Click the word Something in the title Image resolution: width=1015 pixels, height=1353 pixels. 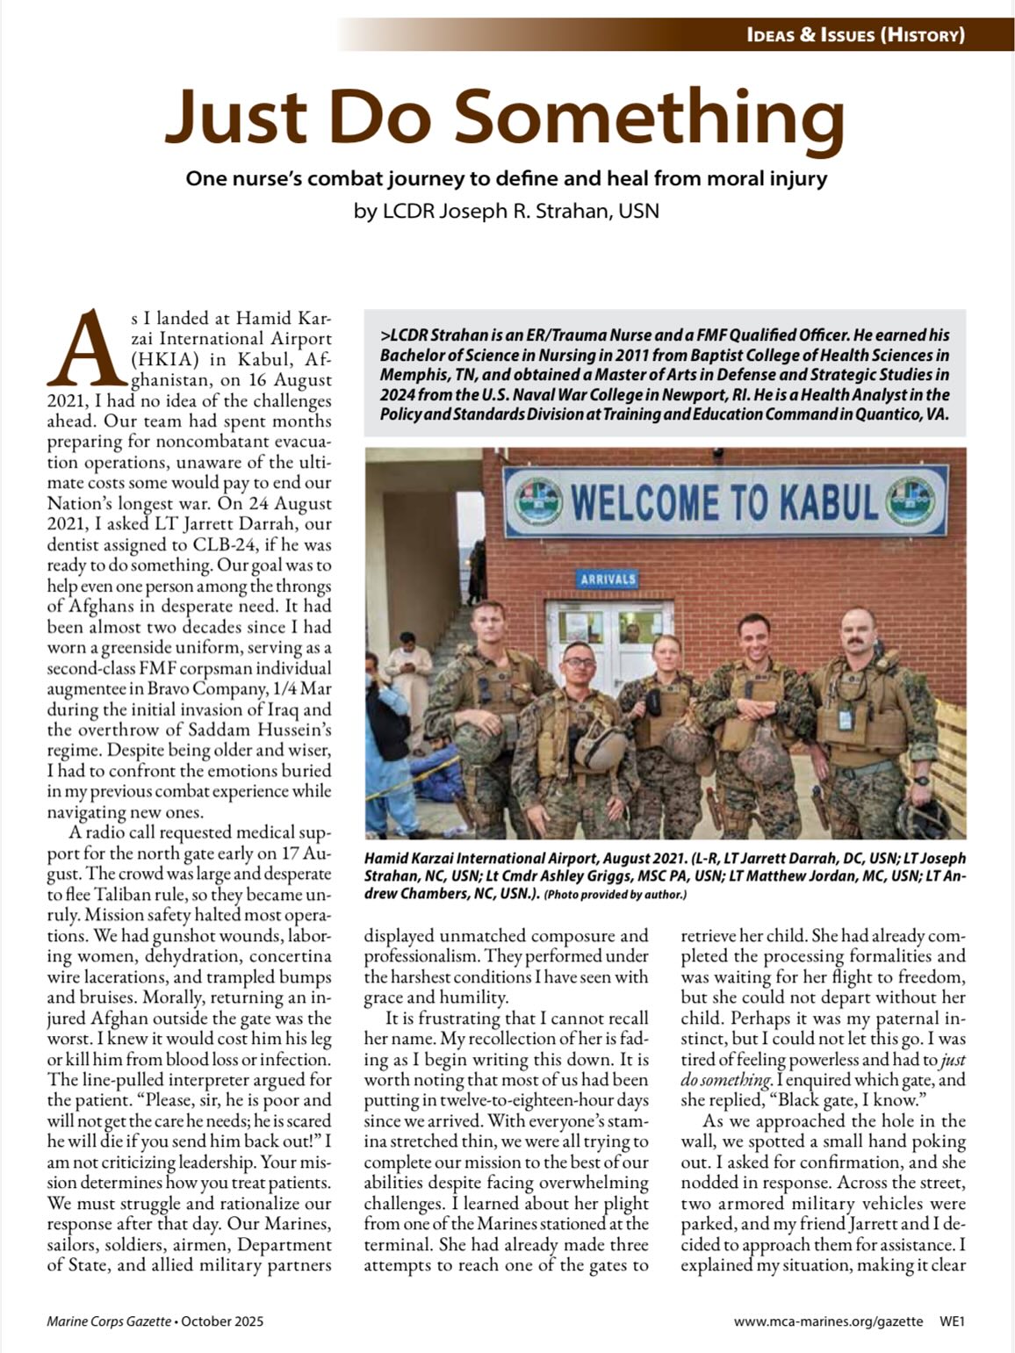point(648,117)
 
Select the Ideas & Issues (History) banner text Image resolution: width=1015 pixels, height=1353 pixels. point(856,35)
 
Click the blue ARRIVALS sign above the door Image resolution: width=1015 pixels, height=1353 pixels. point(608,579)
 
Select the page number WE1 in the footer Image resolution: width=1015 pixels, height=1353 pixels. point(952,1321)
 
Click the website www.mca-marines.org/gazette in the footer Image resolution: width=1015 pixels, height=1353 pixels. point(828,1321)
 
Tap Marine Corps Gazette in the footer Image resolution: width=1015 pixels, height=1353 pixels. point(108,1321)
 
